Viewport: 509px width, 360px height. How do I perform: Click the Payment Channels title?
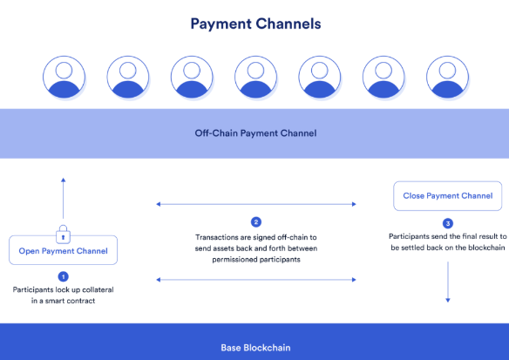click(255, 24)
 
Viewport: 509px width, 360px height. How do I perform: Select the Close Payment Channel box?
click(448, 196)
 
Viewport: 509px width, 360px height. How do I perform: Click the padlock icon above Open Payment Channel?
click(64, 234)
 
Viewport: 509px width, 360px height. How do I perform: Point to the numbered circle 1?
click(64, 276)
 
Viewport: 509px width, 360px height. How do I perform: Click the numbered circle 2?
click(256, 222)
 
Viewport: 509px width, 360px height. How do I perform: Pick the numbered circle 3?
click(448, 223)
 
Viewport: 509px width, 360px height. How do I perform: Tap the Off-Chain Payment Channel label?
click(255, 133)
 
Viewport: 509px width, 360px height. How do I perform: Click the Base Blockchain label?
click(255, 348)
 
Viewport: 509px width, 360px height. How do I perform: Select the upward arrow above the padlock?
click(64, 198)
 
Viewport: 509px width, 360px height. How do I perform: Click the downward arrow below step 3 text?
click(448, 282)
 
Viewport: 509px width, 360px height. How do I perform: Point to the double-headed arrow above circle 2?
click(256, 204)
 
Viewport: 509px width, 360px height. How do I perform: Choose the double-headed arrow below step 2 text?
click(256, 280)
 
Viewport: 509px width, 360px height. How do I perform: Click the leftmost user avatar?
click(64, 77)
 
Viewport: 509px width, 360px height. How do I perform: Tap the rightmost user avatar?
click(447, 77)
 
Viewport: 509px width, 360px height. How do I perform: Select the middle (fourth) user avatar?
click(255, 77)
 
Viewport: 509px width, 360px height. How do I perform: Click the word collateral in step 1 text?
click(98, 289)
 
